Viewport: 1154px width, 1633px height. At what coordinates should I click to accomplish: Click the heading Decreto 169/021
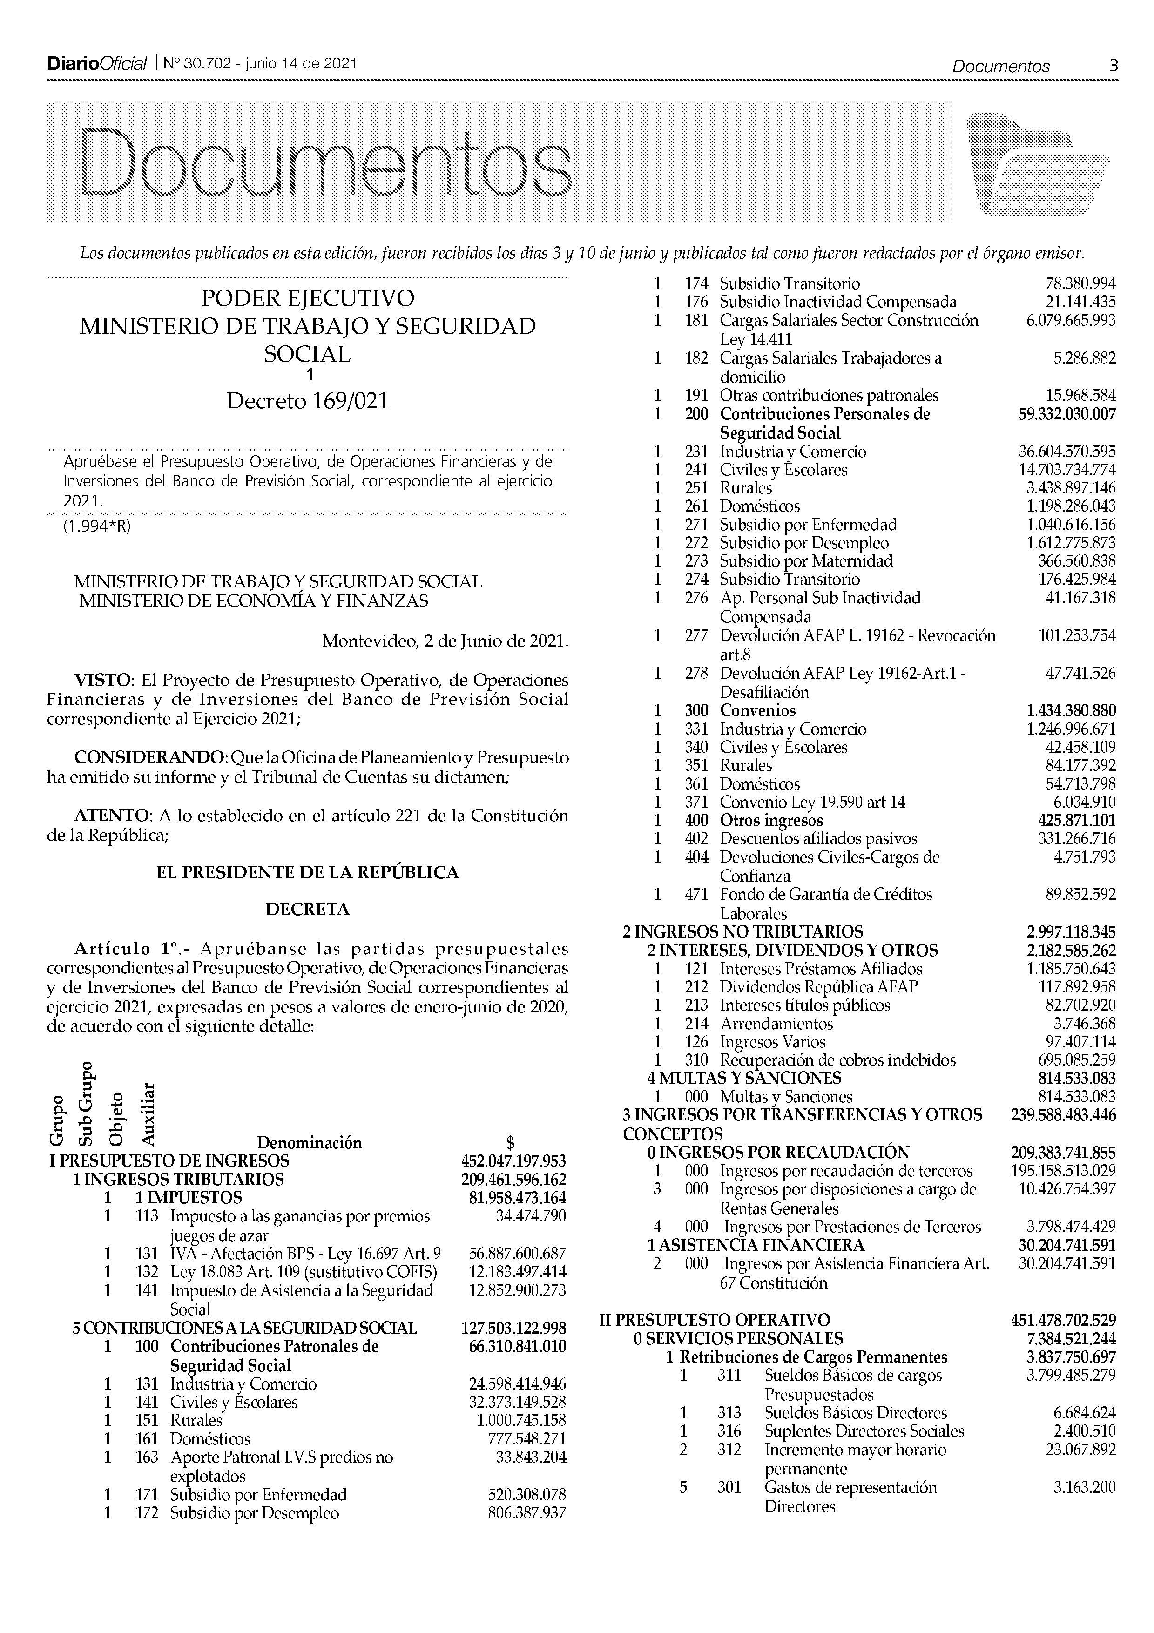(307, 402)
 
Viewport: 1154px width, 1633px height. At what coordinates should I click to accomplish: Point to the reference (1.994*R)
(97, 527)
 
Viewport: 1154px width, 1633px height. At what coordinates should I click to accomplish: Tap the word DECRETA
(307, 910)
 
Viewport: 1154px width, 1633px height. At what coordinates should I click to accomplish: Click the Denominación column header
(309, 1143)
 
